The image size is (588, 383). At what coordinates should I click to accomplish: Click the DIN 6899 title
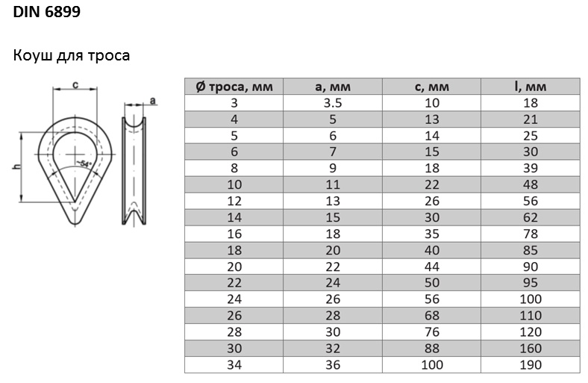tap(46, 12)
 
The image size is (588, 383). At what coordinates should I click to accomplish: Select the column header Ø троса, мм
tap(234, 87)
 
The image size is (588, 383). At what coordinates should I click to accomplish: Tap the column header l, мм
tap(531, 87)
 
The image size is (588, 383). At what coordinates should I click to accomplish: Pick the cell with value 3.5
tap(333, 103)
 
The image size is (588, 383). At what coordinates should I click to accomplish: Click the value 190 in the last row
tap(531, 364)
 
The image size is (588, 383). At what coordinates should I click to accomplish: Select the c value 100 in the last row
tap(431, 364)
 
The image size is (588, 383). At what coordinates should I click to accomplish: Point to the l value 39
tap(531, 168)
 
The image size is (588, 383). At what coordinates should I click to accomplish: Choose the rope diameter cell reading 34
tap(234, 364)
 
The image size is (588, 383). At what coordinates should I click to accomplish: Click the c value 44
tap(431, 267)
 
